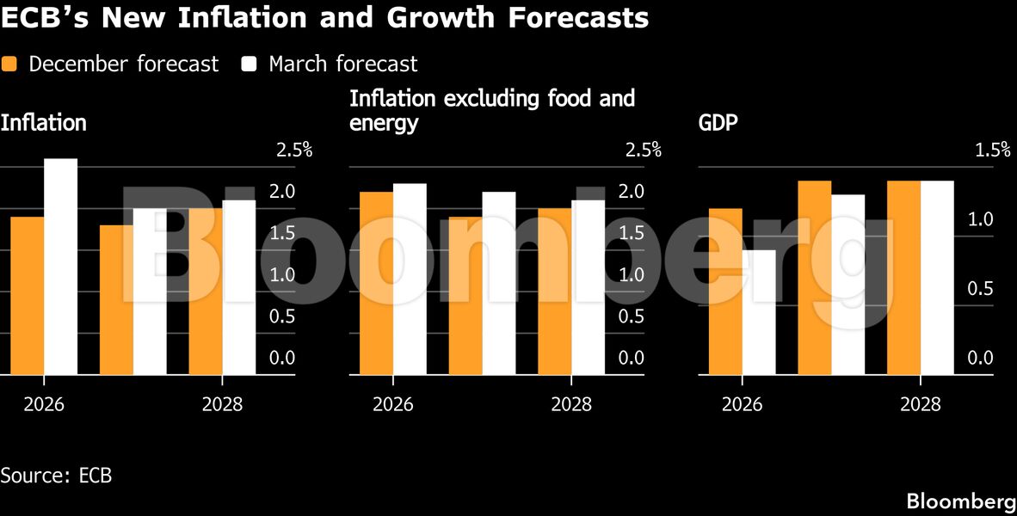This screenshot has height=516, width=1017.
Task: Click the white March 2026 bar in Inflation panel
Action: tap(61, 267)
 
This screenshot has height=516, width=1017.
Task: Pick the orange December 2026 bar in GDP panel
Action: tap(725, 292)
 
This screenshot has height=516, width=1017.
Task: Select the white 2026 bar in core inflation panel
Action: tap(410, 279)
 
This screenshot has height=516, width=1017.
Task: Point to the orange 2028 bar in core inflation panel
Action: tap(555, 292)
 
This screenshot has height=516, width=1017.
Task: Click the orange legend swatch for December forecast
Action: tap(9, 64)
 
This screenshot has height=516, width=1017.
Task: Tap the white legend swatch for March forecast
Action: tap(250, 64)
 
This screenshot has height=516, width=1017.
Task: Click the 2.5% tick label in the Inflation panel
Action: tap(293, 150)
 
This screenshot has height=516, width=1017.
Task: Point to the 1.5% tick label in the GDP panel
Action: tap(992, 150)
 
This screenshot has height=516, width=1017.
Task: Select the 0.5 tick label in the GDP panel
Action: tap(980, 289)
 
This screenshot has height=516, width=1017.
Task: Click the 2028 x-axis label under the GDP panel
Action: tap(921, 404)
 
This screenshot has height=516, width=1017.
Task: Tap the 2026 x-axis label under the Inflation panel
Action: tap(43, 404)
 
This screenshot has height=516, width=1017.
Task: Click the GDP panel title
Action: tap(718, 123)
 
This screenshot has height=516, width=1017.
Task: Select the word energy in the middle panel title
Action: tap(384, 123)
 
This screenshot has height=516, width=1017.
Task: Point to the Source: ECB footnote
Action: tap(56, 476)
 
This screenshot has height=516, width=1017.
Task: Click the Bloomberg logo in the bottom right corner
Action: tap(961, 501)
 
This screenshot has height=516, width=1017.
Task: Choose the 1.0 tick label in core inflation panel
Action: tap(631, 275)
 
